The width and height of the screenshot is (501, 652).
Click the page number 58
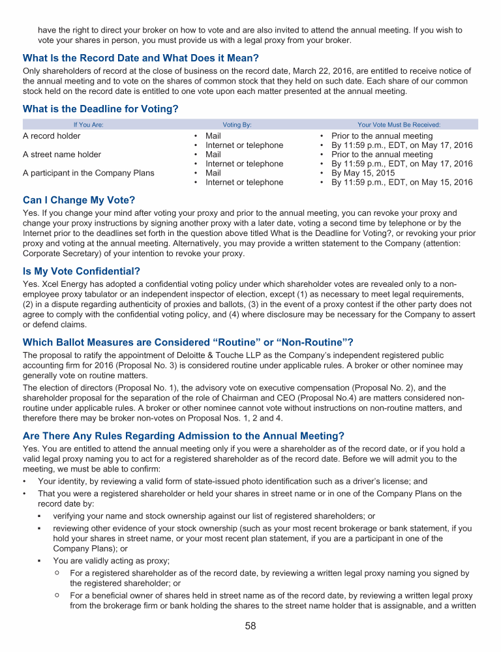pyautogui.click(x=250, y=627)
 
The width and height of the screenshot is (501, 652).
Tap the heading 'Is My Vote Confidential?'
pyautogui.click(x=82, y=271)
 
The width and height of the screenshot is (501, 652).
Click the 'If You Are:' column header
pyautogui.click(x=88, y=124)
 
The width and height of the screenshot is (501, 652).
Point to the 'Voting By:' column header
pyautogui.click(x=237, y=124)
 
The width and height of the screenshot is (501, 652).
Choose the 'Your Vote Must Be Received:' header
pyautogui.click(x=399, y=124)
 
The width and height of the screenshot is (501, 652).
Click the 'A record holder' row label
pyautogui.click(x=52, y=136)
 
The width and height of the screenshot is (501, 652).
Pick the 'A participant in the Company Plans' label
pyautogui.click(x=89, y=173)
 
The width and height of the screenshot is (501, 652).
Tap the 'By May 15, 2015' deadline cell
pyautogui.click(x=366, y=173)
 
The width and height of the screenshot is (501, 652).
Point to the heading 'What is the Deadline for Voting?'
pyautogui.click(x=100, y=109)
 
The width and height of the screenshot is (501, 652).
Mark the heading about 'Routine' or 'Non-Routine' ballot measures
pyautogui.click(x=188, y=342)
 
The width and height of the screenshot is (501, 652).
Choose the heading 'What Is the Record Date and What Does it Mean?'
pyautogui.click(x=141, y=58)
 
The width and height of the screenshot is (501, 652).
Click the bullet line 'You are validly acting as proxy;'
pyautogui.click(x=111, y=561)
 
